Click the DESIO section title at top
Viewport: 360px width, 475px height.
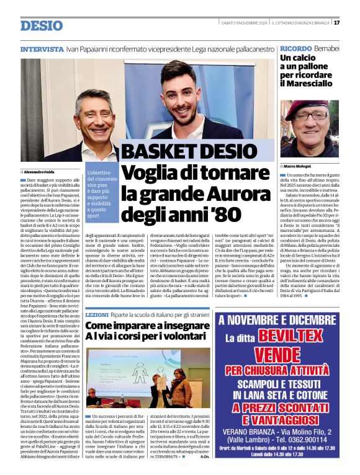(42, 25)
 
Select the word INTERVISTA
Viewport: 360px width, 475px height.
(42, 48)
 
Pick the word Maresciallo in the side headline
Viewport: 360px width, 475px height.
(306, 82)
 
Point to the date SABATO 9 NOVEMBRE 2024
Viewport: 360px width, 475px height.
(243, 23)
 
